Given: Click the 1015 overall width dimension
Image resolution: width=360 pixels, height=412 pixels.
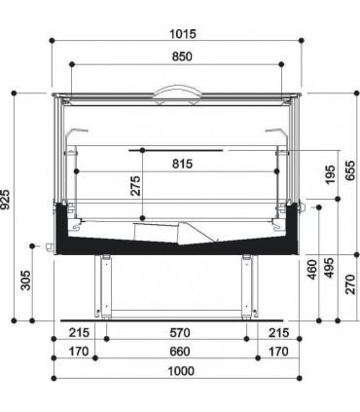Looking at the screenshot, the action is (x=183, y=34).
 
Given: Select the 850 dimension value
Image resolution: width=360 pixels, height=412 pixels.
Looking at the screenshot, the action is (x=182, y=56).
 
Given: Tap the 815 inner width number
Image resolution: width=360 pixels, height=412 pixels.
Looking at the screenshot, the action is (x=182, y=164).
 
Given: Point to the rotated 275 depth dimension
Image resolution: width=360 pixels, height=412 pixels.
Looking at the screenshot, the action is (x=135, y=186).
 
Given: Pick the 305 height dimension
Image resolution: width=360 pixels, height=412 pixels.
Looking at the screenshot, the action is (x=25, y=281).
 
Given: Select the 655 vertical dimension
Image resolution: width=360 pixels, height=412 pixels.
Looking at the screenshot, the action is (x=350, y=170).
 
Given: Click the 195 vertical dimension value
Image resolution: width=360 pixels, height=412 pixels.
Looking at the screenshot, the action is (x=330, y=174).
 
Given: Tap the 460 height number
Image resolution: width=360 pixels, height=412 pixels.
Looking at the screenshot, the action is (x=311, y=269).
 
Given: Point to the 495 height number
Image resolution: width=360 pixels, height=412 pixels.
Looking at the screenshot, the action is (x=329, y=268).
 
